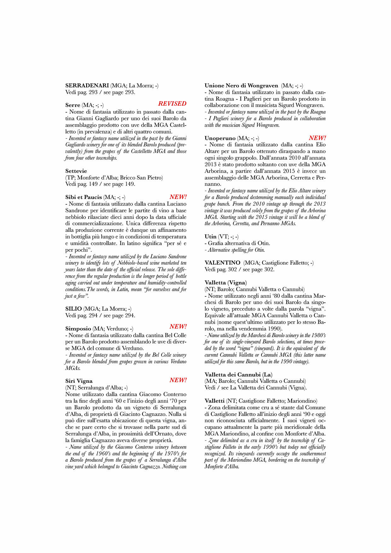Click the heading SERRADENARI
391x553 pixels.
coord(87,85)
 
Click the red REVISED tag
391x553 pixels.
coord(172,103)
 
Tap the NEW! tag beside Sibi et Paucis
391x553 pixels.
coord(178,197)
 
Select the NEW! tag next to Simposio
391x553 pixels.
coord(178,326)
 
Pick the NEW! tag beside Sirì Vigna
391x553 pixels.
coord(178,380)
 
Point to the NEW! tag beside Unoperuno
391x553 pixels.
coord(317,138)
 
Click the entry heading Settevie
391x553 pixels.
coord(76,171)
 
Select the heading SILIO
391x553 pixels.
coord(73,309)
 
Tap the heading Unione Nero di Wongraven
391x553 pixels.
coord(241,85)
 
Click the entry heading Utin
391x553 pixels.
coord(210,236)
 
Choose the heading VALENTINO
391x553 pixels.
coord(222,263)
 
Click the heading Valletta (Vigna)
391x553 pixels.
coord(225,282)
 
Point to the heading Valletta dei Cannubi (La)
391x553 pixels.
coord(238,375)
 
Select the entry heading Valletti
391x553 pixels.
coord(214,401)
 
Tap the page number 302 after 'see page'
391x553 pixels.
coord(269,270)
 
